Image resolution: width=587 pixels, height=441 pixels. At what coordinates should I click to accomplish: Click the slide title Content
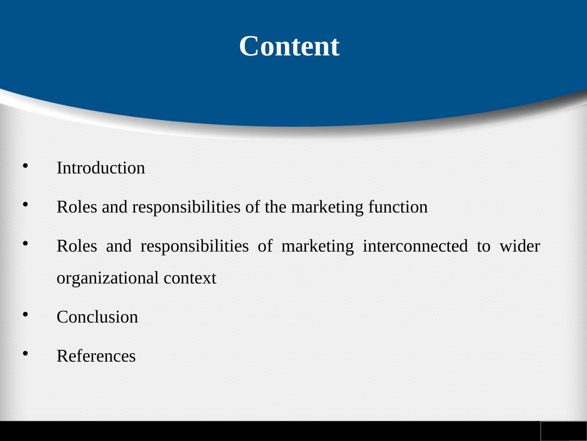pyautogui.click(x=289, y=46)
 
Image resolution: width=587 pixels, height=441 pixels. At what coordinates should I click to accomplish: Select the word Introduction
pyautogui.click(x=101, y=168)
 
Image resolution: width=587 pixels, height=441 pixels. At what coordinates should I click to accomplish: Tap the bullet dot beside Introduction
pyautogui.click(x=26, y=166)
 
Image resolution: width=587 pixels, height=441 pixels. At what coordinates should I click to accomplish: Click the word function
pyautogui.click(x=398, y=207)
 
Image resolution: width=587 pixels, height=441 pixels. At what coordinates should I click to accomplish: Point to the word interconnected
pyautogui.click(x=416, y=246)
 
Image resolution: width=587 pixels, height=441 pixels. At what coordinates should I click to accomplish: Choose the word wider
pyautogui.click(x=520, y=246)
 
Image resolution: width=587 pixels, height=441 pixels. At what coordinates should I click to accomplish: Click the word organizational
pyautogui.click(x=108, y=278)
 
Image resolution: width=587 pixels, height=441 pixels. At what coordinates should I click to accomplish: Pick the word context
pyautogui.click(x=190, y=278)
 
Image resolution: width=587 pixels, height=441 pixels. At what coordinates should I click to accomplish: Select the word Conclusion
pyautogui.click(x=97, y=317)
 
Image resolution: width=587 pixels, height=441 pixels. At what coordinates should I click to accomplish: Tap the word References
pyautogui.click(x=96, y=356)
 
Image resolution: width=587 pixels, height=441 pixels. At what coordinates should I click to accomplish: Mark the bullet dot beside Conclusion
pyautogui.click(x=26, y=314)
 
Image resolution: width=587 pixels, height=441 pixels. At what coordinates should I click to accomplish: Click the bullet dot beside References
pyautogui.click(x=26, y=354)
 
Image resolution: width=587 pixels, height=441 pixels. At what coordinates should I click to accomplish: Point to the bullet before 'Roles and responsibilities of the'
pyautogui.click(x=26, y=205)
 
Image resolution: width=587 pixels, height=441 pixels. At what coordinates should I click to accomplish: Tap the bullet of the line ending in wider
pyautogui.click(x=26, y=244)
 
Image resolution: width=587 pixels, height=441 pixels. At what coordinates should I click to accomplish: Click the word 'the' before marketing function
pyautogui.click(x=275, y=207)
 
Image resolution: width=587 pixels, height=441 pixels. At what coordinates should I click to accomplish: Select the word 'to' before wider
pyautogui.click(x=484, y=247)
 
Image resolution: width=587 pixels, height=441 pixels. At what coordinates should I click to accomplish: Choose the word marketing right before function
pyautogui.click(x=327, y=207)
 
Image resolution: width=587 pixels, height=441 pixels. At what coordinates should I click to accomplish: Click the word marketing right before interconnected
pyautogui.click(x=318, y=247)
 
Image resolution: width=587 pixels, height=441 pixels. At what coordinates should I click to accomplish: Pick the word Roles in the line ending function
pyautogui.click(x=77, y=207)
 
